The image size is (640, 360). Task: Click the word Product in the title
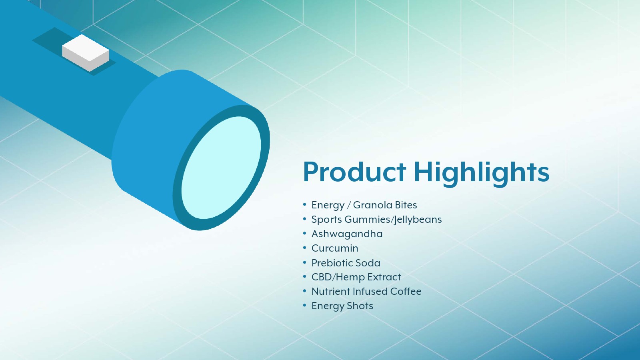pos(354,172)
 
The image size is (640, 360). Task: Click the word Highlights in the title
pos(482,173)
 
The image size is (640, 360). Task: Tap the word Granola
pos(372,205)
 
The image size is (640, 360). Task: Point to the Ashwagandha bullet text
pos(347,234)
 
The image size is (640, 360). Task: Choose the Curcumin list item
pos(334,248)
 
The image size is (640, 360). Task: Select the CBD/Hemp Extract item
pos(356,277)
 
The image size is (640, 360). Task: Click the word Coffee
pos(406,292)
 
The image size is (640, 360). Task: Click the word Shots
pos(360,306)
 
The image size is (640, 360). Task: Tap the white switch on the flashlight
pos(86,53)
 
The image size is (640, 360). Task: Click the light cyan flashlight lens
pos(221,168)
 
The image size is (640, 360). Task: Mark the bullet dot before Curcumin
pos(304,248)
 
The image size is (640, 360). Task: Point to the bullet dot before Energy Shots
pos(304,306)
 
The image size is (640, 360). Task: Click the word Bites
pos(406,205)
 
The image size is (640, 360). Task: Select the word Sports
pos(326,220)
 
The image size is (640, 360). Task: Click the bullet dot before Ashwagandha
pos(304,233)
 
